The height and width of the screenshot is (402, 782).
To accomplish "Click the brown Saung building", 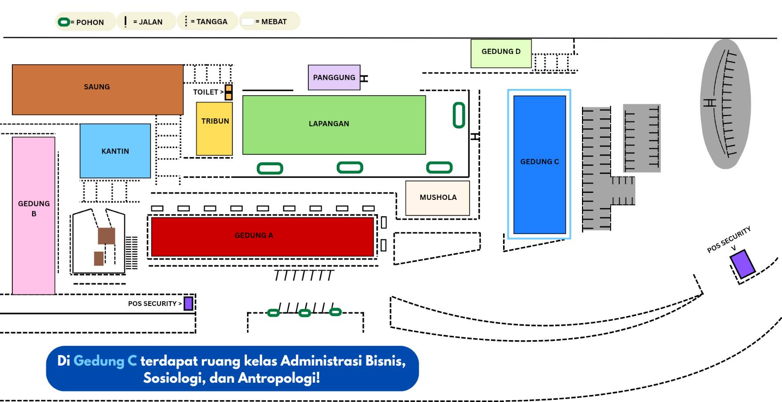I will (x=97, y=89).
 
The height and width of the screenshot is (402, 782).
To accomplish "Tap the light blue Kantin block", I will (x=115, y=150).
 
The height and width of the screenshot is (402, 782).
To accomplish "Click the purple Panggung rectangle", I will (x=334, y=78).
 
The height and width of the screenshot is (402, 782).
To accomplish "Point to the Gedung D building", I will (x=501, y=53).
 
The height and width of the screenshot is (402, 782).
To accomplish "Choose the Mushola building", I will (x=438, y=198).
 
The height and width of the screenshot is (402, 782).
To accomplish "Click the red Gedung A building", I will (x=262, y=236).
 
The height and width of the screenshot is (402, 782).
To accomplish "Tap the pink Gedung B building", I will (x=33, y=215).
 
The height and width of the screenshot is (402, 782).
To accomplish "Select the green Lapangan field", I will (x=334, y=125).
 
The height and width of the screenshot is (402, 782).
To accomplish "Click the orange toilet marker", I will (x=229, y=92).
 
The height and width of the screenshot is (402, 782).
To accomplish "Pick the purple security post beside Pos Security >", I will (x=188, y=303).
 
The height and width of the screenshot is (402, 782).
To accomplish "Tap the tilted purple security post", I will (x=742, y=264).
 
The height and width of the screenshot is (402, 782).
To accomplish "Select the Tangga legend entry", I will (x=207, y=21).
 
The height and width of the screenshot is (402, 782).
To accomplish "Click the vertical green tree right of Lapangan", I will (x=459, y=115).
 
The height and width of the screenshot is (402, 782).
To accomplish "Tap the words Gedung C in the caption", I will (x=105, y=361).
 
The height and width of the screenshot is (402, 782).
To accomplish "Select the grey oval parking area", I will (x=725, y=104).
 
